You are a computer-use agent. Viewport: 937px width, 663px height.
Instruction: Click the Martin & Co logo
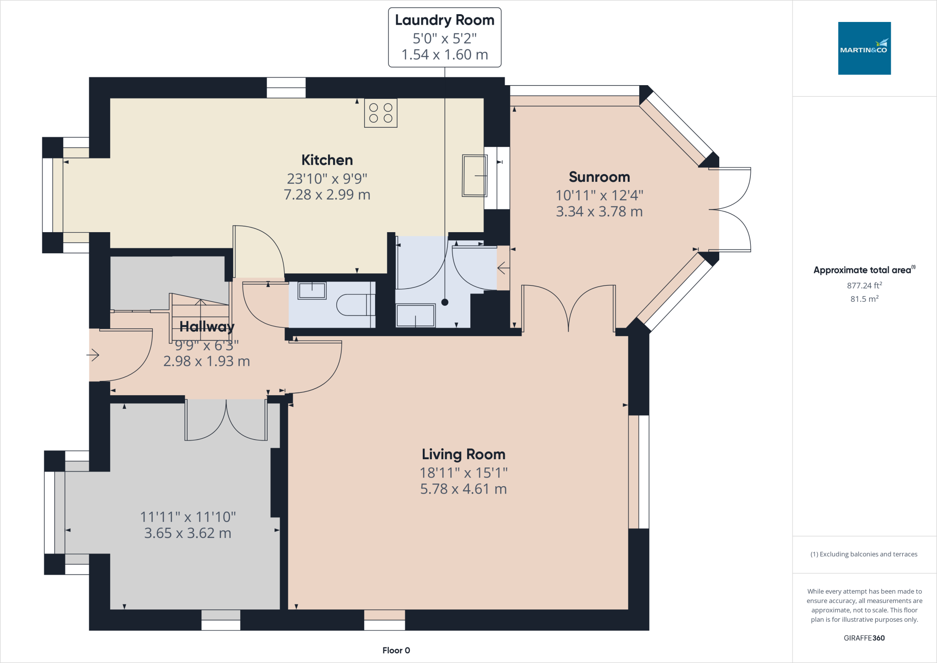pyautogui.click(x=864, y=48)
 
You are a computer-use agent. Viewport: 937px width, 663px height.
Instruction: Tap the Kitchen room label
pyautogui.click(x=327, y=160)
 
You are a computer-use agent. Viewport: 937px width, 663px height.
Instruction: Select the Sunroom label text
pyautogui.click(x=599, y=177)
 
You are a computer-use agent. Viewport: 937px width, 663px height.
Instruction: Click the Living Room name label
pyautogui.click(x=463, y=454)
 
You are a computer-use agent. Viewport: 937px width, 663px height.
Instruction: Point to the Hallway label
pyautogui.click(x=207, y=326)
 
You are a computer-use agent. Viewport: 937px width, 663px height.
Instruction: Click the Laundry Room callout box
pyautogui.click(x=445, y=38)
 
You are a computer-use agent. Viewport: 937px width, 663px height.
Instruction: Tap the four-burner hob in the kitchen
pyautogui.click(x=381, y=113)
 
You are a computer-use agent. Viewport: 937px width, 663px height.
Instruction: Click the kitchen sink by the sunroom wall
pyautogui.click(x=474, y=176)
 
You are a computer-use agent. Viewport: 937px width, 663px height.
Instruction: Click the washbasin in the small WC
pyautogui.click(x=312, y=290)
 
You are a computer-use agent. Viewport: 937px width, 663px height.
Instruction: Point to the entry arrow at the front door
pyautogui.click(x=93, y=355)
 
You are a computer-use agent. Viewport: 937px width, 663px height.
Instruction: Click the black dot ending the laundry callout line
pyautogui.click(x=445, y=302)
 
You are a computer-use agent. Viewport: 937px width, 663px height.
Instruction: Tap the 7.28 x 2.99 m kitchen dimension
pyautogui.click(x=327, y=195)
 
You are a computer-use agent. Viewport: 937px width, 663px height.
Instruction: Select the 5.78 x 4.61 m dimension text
pyautogui.click(x=463, y=489)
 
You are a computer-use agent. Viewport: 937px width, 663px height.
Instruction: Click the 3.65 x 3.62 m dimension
pyautogui.click(x=188, y=533)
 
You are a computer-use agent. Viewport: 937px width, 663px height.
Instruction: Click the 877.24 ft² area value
pyautogui.click(x=864, y=285)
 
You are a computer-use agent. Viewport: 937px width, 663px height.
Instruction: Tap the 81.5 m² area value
pyautogui.click(x=864, y=299)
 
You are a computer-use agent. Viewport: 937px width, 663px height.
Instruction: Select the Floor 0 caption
pyautogui.click(x=396, y=651)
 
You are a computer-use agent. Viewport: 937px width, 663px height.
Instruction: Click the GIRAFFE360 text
pyautogui.click(x=864, y=638)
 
